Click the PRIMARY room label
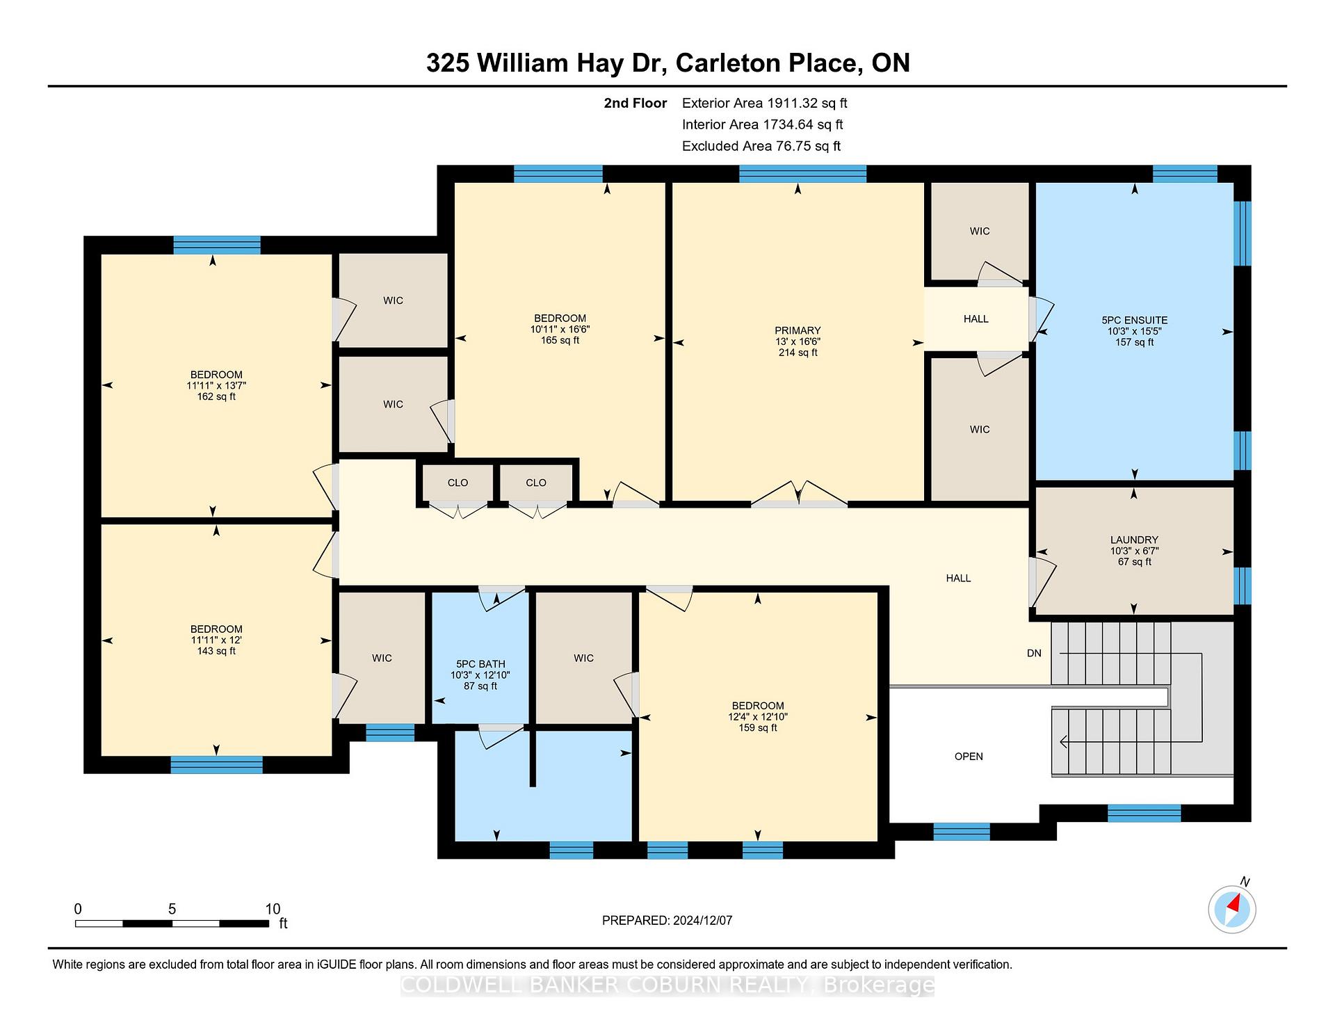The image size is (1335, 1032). tap(798, 330)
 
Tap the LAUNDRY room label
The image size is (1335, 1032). tap(1134, 540)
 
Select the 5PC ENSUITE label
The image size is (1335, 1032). tap(1134, 320)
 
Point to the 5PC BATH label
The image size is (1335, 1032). tap(480, 664)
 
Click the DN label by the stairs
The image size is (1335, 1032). tap(1034, 653)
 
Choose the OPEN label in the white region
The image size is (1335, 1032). tap(969, 757)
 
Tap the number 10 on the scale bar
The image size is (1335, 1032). tap(273, 909)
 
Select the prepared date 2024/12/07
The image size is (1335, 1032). tap(702, 921)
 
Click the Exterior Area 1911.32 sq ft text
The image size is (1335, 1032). tap(764, 103)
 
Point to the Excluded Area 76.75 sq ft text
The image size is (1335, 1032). tap(761, 146)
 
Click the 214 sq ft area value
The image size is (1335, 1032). tap(798, 353)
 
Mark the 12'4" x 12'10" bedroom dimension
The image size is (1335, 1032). tap(758, 717)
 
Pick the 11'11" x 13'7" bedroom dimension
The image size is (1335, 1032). tap(216, 385)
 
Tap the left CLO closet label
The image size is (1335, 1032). tap(458, 483)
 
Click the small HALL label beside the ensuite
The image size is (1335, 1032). tap(976, 319)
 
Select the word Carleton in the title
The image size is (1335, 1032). tap(729, 63)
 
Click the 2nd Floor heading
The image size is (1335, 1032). tap(635, 103)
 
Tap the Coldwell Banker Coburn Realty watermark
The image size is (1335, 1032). tap(667, 985)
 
